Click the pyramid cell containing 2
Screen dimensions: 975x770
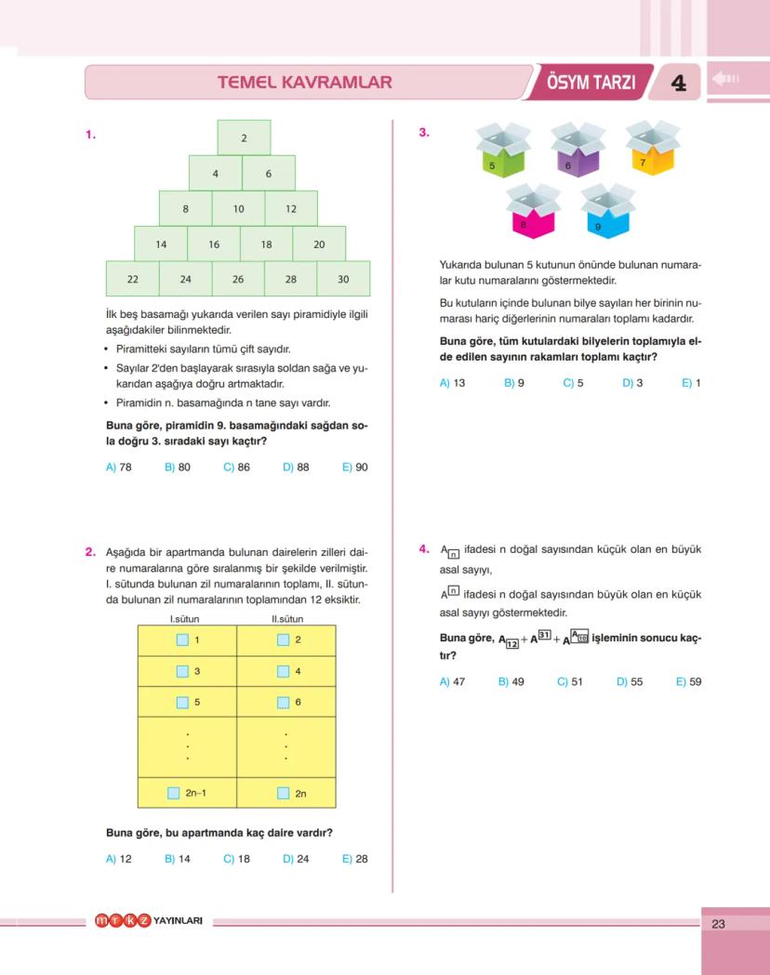(244, 138)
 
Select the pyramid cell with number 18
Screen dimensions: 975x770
(266, 244)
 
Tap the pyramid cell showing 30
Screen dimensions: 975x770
(343, 279)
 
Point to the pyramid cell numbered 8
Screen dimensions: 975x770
(185, 209)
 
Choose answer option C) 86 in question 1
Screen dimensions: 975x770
(236, 468)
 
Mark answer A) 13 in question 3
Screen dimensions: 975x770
(452, 383)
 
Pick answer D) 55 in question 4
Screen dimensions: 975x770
(630, 681)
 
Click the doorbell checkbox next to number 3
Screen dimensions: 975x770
(182, 671)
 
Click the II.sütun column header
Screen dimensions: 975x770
(287, 619)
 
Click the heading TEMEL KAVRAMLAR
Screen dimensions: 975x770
(304, 82)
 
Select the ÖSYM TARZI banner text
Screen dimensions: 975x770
(591, 82)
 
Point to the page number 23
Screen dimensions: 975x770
(718, 924)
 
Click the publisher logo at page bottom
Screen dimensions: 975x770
(149, 921)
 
